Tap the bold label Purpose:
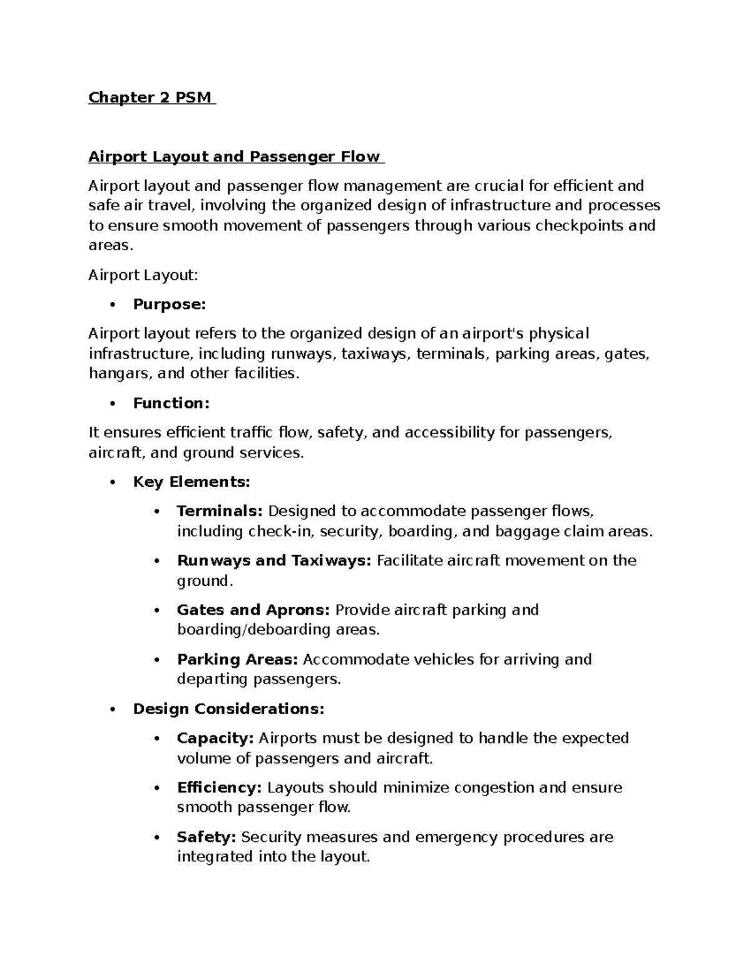169,305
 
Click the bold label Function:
171,404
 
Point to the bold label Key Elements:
192,482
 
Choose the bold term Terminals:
220,511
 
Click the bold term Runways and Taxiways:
274,561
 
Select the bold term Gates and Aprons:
253,610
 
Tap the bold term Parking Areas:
237,660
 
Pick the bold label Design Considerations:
228,709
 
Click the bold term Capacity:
215,739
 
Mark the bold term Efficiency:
219,788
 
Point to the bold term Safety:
206,837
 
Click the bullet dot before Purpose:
113,305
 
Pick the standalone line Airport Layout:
143,275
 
